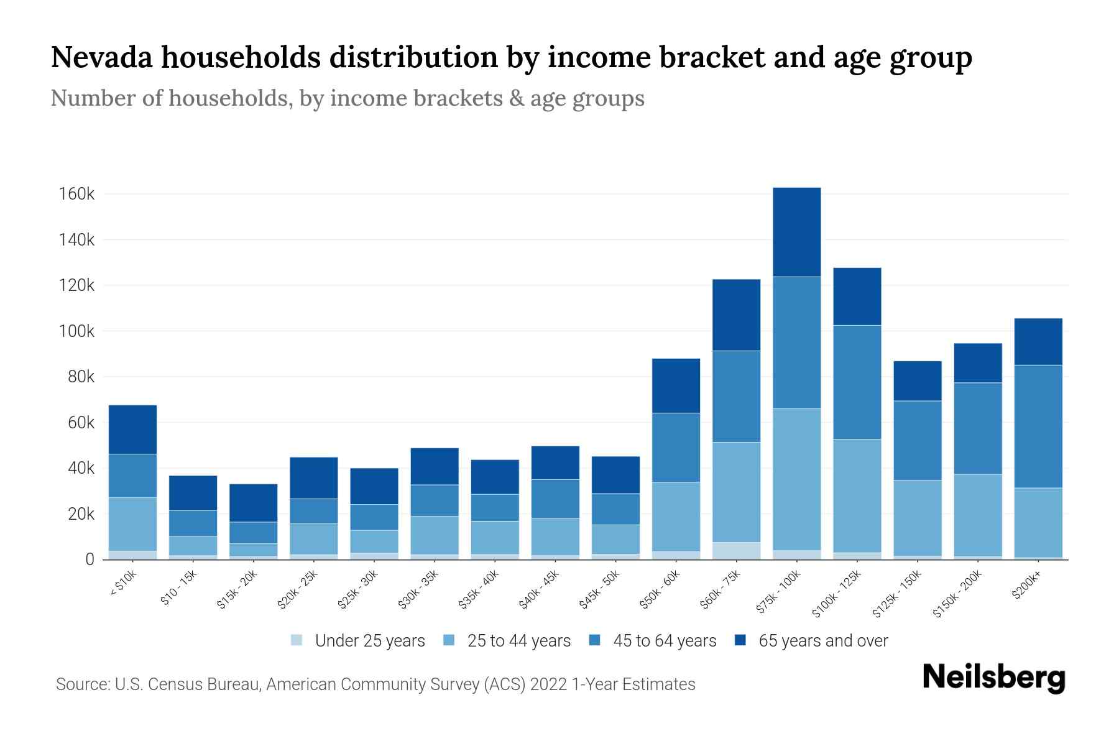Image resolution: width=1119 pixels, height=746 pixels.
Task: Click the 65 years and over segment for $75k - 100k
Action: pyautogui.click(x=796, y=232)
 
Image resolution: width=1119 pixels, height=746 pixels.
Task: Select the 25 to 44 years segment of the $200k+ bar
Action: pyautogui.click(x=1038, y=522)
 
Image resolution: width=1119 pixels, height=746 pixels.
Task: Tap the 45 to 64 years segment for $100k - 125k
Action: pyautogui.click(x=857, y=382)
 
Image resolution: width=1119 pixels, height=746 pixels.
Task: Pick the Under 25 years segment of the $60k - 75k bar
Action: pyautogui.click(x=736, y=551)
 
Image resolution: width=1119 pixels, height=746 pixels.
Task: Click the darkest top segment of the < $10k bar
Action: pyautogui.click(x=132, y=430)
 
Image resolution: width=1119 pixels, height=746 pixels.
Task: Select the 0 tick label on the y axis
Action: pyautogui.click(x=90, y=559)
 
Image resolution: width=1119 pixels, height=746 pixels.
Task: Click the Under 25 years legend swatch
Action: pyautogui.click(x=297, y=640)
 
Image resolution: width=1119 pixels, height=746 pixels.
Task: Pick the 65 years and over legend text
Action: pyautogui.click(x=822, y=640)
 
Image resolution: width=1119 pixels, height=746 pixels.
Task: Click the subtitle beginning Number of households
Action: pyautogui.click(x=347, y=98)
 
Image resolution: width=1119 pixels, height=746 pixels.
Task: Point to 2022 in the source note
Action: pyautogui.click(x=548, y=684)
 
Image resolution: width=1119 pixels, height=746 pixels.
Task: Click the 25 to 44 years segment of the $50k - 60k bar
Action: pyautogui.click(x=676, y=517)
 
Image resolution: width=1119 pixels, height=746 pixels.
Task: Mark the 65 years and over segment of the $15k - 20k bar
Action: pyautogui.click(x=253, y=502)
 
